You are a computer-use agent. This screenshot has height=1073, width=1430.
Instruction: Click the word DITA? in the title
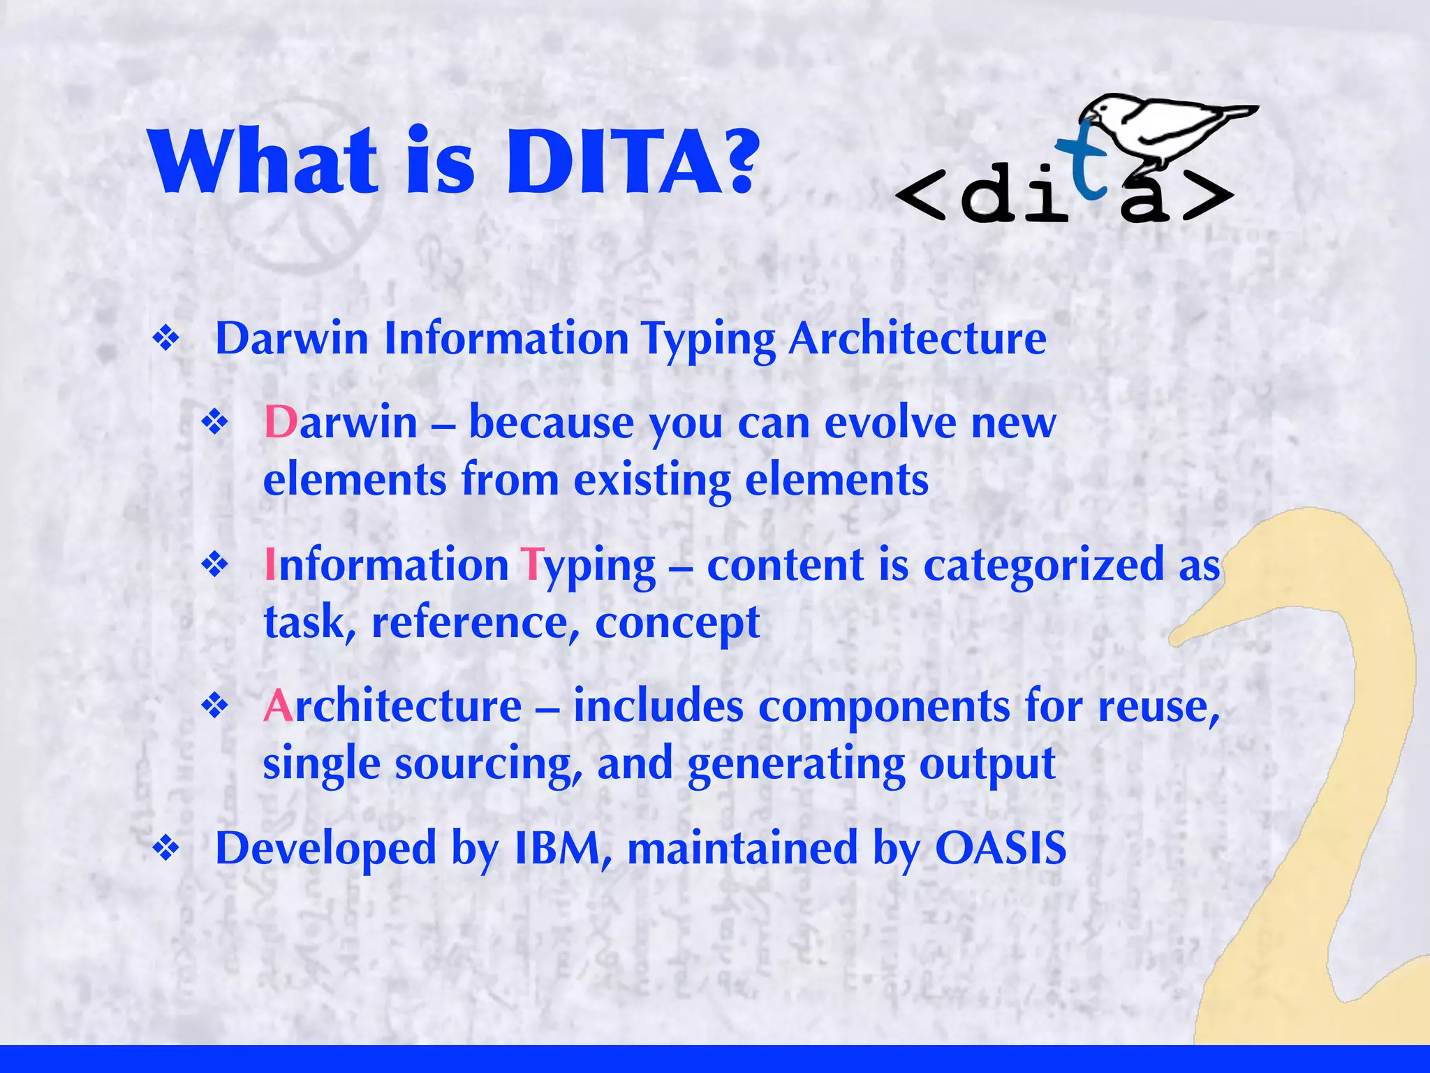pyautogui.click(x=632, y=162)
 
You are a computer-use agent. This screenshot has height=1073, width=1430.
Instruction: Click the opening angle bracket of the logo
pyautogui.click(x=920, y=196)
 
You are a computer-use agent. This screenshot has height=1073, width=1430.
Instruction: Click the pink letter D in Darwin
pyautogui.click(x=281, y=423)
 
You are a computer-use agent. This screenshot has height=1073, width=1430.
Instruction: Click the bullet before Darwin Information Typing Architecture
pyautogui.click(x=166, y=340)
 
